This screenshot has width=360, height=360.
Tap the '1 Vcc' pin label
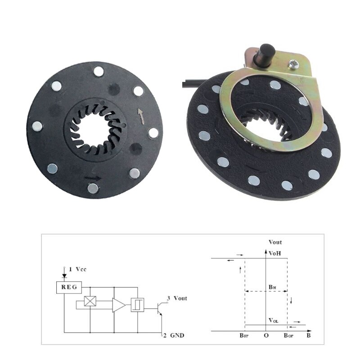tap(77, 269)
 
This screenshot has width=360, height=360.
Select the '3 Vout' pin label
tap(177, 298)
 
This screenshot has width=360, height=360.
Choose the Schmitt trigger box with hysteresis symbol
tap(136, 305)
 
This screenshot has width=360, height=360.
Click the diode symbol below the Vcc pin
tap(64, 274)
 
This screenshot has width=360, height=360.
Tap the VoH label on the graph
tap(275, 253)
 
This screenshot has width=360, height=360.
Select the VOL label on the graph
tap(274, 320)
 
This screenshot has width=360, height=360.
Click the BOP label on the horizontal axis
tap(288, 336)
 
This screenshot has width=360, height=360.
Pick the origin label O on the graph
tap(266, 336)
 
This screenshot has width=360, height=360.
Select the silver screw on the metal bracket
tap(295, 65)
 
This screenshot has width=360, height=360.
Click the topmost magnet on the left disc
tap(98, 71)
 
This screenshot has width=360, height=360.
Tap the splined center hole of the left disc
tap(95, 129)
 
